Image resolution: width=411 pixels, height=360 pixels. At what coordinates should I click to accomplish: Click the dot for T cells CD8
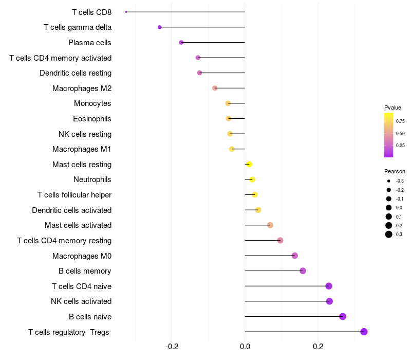126,12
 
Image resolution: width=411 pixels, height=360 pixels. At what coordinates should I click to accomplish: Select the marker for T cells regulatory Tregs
364,332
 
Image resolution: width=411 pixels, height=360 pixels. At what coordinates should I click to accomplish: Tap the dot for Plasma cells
181,42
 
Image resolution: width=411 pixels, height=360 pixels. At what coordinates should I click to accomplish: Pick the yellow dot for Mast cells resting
249,164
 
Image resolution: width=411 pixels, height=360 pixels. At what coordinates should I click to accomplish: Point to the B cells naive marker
343,316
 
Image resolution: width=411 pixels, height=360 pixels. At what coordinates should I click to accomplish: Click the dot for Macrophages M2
215,88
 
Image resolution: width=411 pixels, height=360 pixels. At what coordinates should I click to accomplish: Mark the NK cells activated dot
329,301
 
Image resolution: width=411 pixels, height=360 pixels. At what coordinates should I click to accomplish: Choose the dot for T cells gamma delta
160,27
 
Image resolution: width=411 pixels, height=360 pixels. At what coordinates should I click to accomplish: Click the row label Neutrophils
92,179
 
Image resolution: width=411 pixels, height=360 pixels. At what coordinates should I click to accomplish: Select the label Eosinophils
92,119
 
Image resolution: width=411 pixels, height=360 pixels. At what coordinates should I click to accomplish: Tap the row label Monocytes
92,103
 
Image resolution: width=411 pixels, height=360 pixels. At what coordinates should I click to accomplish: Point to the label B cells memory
85,271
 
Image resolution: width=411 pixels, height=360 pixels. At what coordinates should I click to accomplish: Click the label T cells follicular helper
74,195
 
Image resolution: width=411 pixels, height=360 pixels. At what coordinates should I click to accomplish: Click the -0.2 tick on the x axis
172,348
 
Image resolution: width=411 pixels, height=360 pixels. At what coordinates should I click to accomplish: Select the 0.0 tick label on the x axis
245,348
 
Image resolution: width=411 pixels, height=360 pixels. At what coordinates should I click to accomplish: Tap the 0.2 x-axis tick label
318,348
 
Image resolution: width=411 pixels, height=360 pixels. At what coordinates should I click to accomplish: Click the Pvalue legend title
393,107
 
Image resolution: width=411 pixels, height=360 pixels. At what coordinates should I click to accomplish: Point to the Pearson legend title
395,171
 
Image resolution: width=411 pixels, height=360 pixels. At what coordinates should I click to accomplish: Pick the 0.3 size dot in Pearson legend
389,235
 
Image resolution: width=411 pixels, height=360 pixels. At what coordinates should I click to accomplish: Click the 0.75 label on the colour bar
400,121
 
